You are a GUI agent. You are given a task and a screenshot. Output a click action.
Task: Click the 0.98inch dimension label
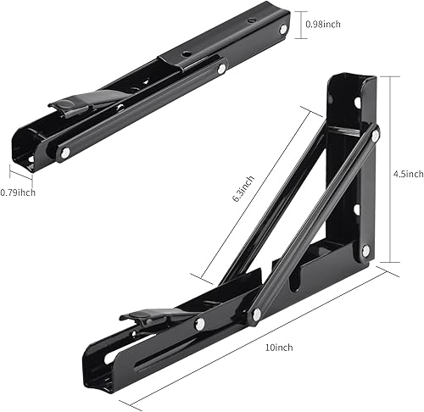coord(323,25)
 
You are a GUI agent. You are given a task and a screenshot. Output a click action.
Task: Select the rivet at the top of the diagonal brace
coord(375,133)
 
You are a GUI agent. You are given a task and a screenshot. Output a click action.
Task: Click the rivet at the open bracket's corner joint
coord(365,250)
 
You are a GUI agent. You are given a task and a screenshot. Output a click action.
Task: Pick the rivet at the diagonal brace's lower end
coord(256,315)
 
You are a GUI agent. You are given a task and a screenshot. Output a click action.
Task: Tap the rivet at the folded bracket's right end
coord(282,30)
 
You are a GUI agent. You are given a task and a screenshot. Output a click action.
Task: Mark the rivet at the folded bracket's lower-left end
coord(64,153)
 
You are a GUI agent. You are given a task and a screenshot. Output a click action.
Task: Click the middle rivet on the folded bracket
coord(220,69)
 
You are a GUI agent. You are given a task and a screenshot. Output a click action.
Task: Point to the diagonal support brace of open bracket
coord(314,225)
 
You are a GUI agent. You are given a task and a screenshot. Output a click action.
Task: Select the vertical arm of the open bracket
coord(352,170)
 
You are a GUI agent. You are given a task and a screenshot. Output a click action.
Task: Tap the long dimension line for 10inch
coord(254,339)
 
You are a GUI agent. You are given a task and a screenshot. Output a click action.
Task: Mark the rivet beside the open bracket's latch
coord(200,324)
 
